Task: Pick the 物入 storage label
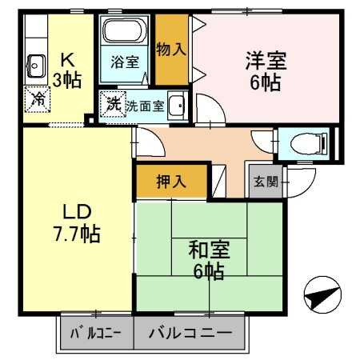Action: (x=171, y=48)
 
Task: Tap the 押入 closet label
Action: (x=171, y=181)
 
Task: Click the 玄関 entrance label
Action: (x=267, y=182)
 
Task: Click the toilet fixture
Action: (x=308, y=143)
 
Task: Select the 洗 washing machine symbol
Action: (x=113, y=105)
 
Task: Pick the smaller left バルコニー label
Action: (x=95, y=333)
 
